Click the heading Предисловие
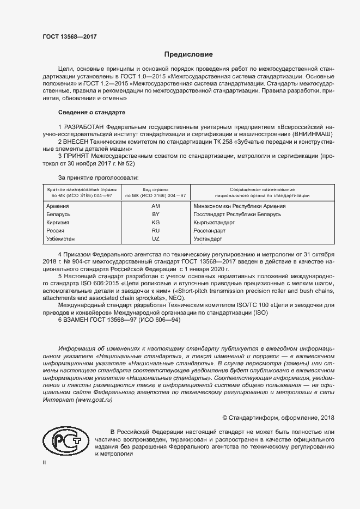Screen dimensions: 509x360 click(189, 55)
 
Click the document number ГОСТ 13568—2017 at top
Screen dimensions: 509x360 click(70, 36)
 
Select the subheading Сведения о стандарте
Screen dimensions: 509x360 click(91, 112)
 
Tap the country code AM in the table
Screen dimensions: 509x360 click(155, 206)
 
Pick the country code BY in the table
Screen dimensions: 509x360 click(155, 215)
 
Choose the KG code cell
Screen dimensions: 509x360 click(155, 223)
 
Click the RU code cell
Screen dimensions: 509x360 click(155, 231)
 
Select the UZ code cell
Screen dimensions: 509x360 click(155, 240)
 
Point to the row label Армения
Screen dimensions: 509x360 click(58, 206)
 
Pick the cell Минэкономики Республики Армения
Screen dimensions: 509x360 click(240, 206)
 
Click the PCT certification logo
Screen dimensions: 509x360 click(64, 439)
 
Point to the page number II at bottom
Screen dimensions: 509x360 click(44, 462)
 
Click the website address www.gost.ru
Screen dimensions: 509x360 click(94, 400)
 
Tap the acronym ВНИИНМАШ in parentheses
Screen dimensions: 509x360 click(313, 134)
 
